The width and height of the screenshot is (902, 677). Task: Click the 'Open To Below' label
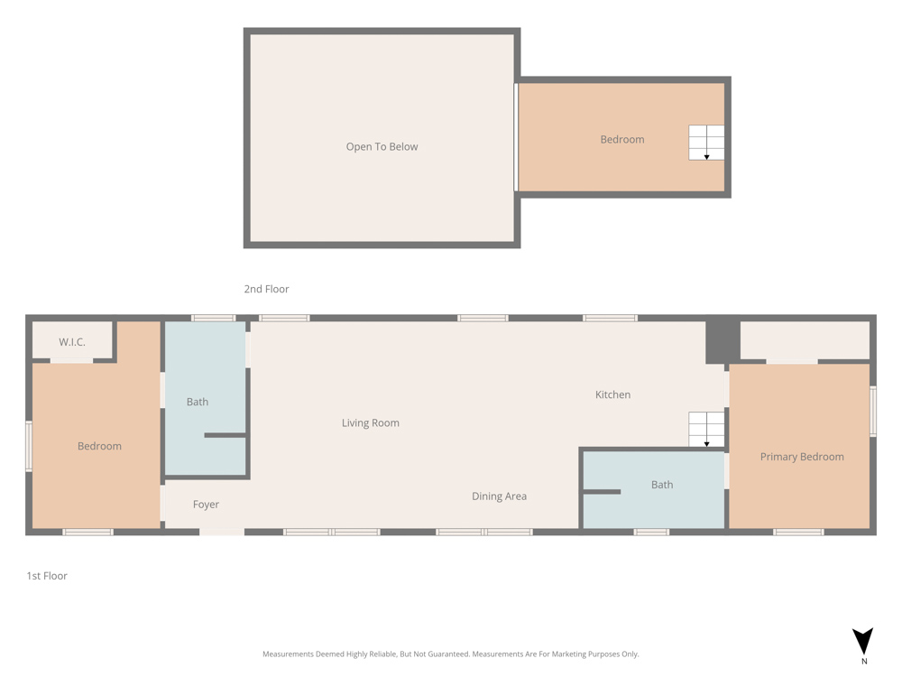click(382, 147)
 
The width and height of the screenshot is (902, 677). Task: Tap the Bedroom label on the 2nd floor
click(622, 139)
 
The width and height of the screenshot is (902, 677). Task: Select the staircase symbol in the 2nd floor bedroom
click(706, 143)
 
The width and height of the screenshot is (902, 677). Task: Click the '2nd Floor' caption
click(266, 289)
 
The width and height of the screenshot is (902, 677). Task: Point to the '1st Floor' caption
click(47, 576)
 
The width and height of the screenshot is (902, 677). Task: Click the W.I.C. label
click(72, 342)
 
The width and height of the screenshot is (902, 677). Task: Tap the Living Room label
click(371, 423)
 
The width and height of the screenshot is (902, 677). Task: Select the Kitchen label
click(612, 395)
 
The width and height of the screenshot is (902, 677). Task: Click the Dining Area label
click(500, 496)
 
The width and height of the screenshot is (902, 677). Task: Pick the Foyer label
click(206, 505)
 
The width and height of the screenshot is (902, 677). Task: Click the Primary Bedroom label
click(802, 457)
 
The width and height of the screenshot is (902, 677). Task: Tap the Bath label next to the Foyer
click(198, 402)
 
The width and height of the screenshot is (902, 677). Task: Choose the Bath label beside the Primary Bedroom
click(662, 485)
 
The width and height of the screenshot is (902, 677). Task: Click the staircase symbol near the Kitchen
click(706, 430)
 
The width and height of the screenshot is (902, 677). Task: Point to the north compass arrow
click(862, 641)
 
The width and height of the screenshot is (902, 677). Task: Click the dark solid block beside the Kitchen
click(723, 339)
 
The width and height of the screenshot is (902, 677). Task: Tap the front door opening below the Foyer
click(222, 532)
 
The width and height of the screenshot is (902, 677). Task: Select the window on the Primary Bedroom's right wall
click(872, 411)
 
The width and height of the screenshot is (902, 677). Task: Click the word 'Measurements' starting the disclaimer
click(289, 654)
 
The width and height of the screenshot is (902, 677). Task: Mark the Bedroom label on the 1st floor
click(99, 446)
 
